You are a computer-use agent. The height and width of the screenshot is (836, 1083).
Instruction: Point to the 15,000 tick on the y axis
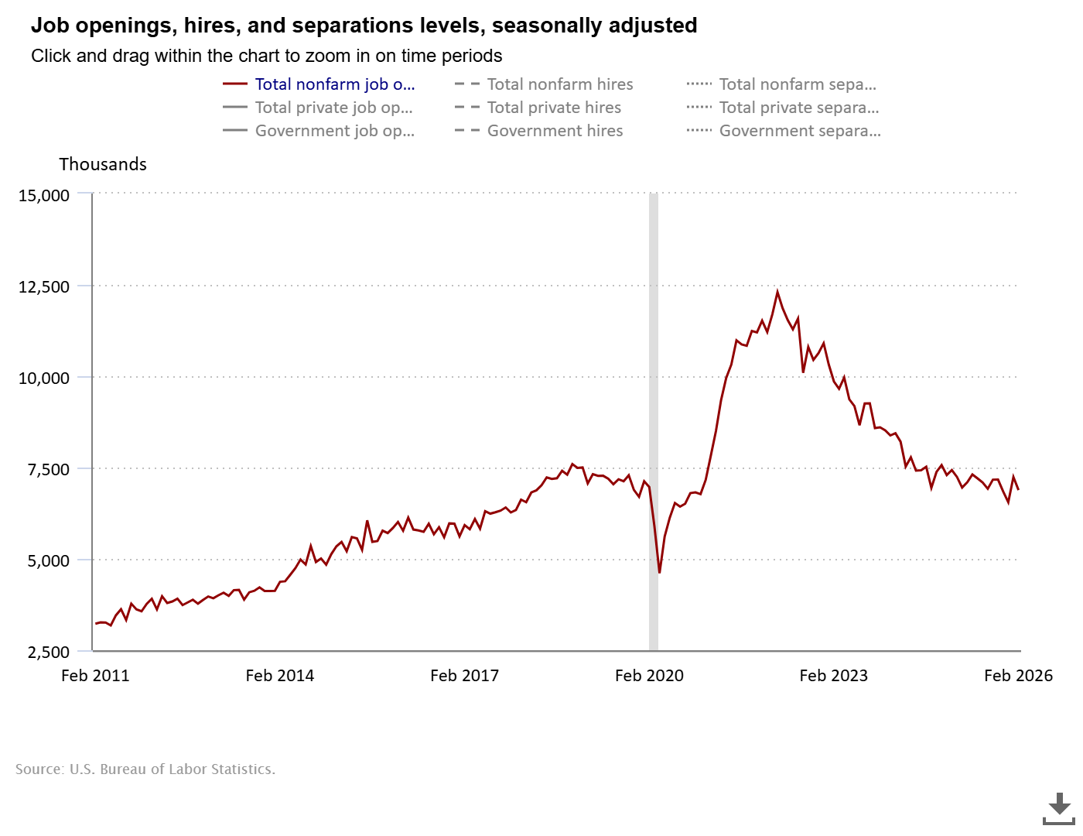pos(44,195)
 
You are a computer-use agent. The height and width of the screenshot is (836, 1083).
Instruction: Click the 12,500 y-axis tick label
pos(44,286)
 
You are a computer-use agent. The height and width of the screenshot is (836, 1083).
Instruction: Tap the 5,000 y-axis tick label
pos(48,560)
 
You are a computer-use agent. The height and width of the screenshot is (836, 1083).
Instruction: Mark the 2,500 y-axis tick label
pos(48,652)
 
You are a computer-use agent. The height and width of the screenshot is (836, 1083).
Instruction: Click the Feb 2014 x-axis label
pos(279,676)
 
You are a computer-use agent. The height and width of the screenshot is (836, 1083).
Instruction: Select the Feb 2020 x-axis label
pos(649,676)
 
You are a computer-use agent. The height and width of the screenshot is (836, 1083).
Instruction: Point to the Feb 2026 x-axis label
pos(1018,676)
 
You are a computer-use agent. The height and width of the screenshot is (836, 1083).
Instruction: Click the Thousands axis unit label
pos(103,164)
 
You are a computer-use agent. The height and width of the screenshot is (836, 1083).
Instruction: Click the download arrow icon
pos(1059,807)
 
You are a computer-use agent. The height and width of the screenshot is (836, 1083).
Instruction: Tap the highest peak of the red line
pos(777,292)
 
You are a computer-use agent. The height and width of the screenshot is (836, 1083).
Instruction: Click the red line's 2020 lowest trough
pos(659,572)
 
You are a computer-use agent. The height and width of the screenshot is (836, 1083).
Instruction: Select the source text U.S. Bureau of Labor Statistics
pos(172,769)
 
